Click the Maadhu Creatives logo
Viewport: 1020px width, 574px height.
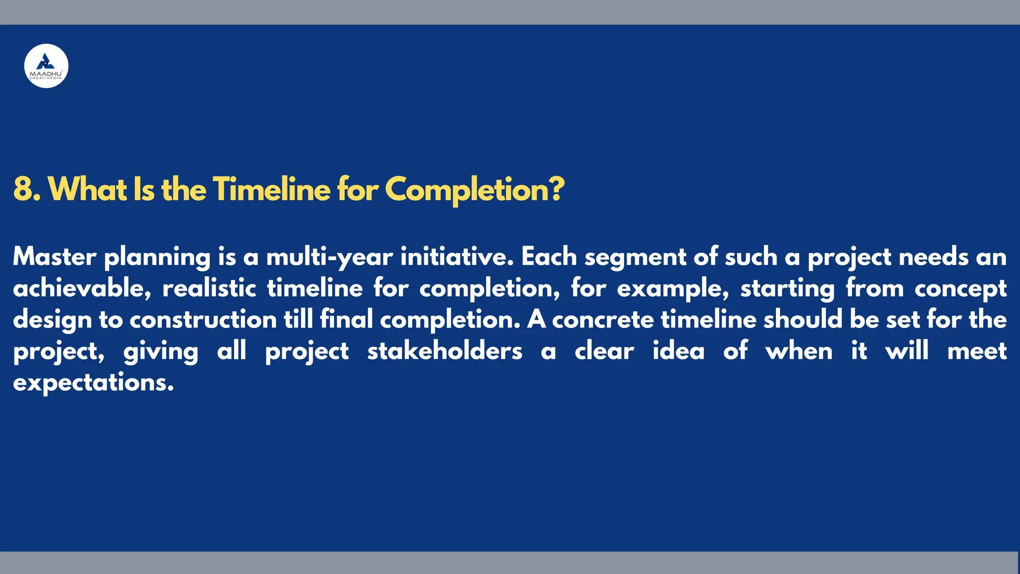click(x=46, y=66)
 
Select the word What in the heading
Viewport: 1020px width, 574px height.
click(x=87, y=189)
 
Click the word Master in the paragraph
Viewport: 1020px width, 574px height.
click(x=54, y=257)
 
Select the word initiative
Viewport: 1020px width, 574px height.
click(x=457, y=257)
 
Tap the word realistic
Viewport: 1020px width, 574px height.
click(x=209, y=288)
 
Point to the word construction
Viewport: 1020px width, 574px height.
click(x=203, y=320)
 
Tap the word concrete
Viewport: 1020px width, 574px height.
click(x=603, y=320)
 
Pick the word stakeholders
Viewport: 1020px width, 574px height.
click(x=445, y=351)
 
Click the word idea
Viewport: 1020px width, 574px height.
click(x=678, y=351)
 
